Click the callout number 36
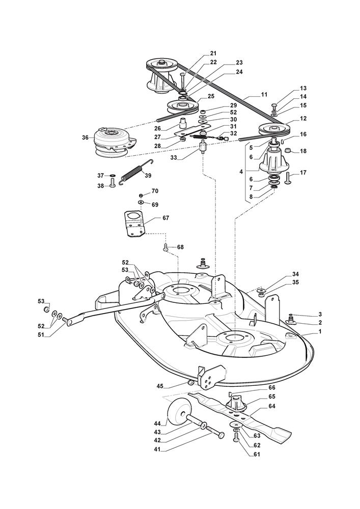(x=85, y=137)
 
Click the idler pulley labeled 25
(x=182, y=106)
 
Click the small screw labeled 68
(x=165, y=248)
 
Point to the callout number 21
(x=213, y=53)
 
